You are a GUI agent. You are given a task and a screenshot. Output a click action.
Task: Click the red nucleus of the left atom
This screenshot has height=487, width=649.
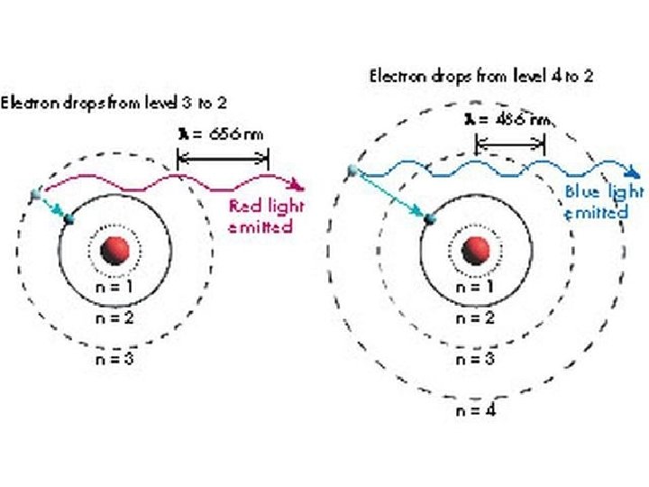coord(114,250)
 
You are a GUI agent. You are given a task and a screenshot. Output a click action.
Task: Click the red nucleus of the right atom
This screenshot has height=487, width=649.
coord(475,249)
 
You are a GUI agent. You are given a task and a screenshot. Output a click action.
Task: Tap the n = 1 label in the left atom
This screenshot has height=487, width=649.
coord(116,288)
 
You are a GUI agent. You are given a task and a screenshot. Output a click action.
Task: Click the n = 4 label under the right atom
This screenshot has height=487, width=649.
coord(475,409)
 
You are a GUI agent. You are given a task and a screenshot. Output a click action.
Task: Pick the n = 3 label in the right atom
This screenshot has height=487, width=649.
coord(475,358)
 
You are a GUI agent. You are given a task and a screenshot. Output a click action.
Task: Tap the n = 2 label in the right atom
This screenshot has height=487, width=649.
coord(475,317)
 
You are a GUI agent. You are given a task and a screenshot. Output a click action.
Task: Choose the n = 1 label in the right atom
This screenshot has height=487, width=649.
coord(475,288)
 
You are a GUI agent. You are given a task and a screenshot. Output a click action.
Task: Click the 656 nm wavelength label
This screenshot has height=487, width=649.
coord(221,134)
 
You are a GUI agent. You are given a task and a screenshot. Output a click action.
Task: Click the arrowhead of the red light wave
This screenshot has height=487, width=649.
coord(301,188)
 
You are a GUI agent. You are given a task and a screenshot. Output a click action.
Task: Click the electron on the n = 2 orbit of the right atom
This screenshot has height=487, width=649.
coord(427,217)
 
